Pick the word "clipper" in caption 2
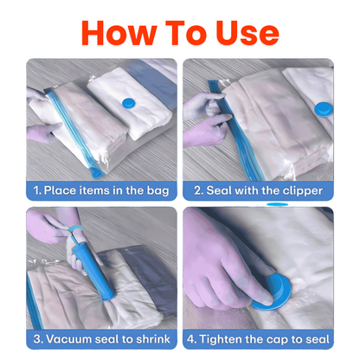click(x=299, y=190)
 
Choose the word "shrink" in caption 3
click(x=149, y=337)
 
